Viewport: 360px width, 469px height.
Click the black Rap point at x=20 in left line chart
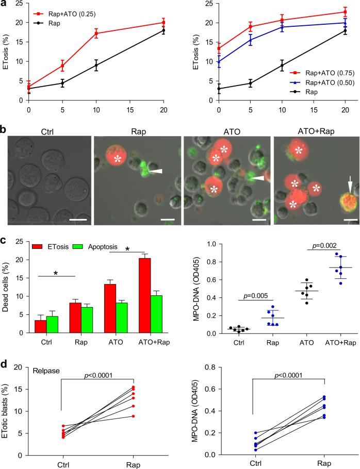(x=163, y=30)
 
